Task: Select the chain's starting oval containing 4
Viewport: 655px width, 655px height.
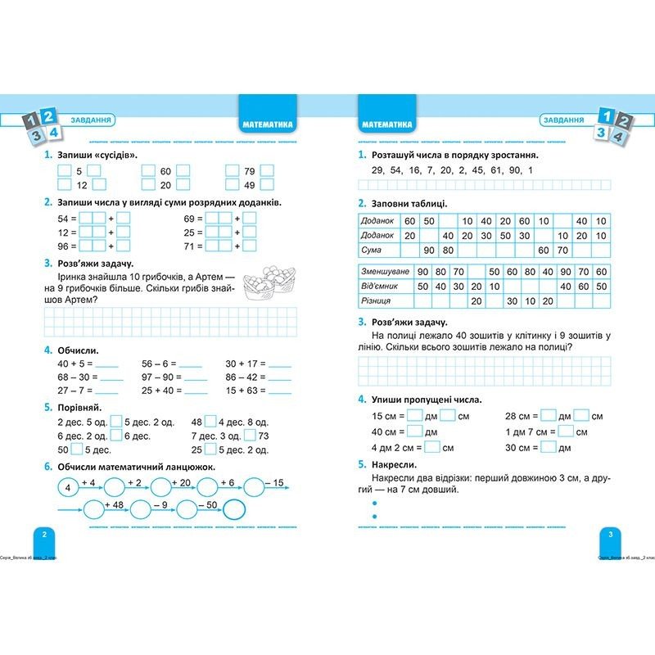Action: point(68,489)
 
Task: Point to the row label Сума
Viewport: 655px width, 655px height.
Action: point(373,250)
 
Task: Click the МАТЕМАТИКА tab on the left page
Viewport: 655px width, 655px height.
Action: point(269,125)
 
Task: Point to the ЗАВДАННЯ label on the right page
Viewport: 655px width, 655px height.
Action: point(565,120)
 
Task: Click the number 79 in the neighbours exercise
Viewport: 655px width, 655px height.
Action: point(250,172)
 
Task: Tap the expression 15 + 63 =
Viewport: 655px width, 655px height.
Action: point(244,391)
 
